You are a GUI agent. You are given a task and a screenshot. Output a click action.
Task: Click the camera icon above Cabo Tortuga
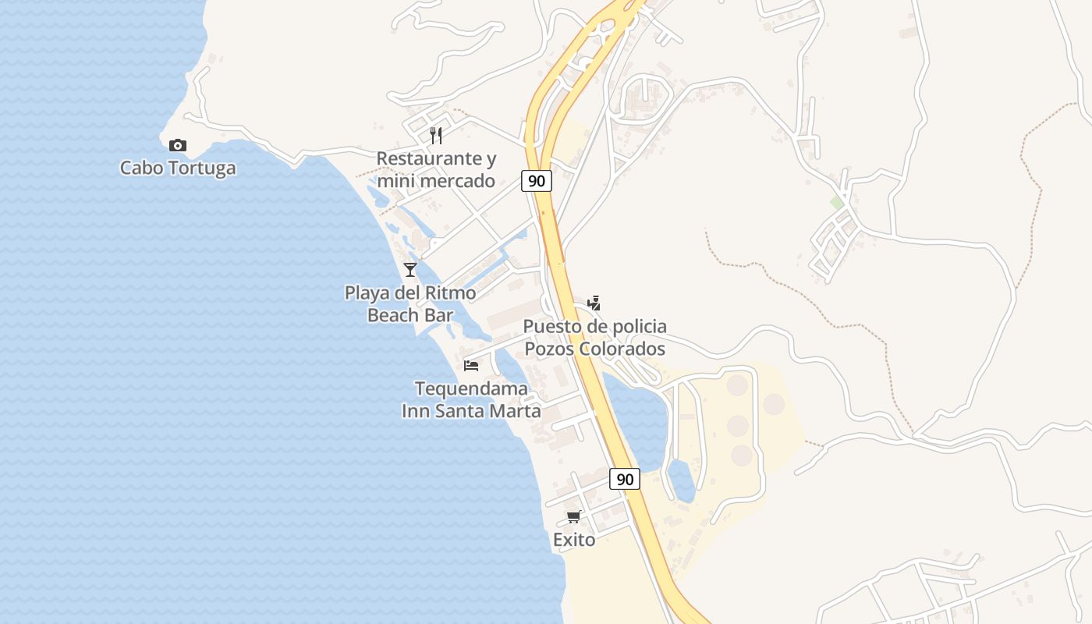point(178,145)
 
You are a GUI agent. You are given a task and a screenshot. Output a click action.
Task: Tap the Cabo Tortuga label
point(178,168)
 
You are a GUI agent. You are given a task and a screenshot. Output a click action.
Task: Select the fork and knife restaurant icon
point(436,136)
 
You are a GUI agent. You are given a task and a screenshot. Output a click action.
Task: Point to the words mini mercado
point(436,181)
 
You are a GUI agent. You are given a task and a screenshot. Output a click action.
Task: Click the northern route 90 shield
point(537,181)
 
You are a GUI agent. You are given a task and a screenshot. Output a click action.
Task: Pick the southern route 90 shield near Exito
point(625,479)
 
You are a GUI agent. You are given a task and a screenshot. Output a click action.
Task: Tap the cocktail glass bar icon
point(410,270)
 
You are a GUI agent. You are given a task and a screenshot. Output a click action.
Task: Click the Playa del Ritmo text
point(410,293)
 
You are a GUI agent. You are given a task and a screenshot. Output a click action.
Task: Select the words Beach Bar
point(410,315)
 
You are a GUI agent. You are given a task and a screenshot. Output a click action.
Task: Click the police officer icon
point(594,303)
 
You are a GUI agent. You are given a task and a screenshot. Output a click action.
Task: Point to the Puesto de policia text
point(594,326)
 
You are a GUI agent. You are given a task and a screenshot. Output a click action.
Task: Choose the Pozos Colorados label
point(594,349)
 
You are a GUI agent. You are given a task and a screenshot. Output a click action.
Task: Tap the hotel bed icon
point(471,365)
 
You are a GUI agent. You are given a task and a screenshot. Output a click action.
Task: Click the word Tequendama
point(471,388)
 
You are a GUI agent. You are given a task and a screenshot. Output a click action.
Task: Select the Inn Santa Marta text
point(471,410)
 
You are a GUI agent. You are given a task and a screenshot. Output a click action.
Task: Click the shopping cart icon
point(574,516)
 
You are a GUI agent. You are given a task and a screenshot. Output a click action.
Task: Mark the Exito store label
point(574,539)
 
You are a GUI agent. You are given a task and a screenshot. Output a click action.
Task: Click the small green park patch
point(837,203)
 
